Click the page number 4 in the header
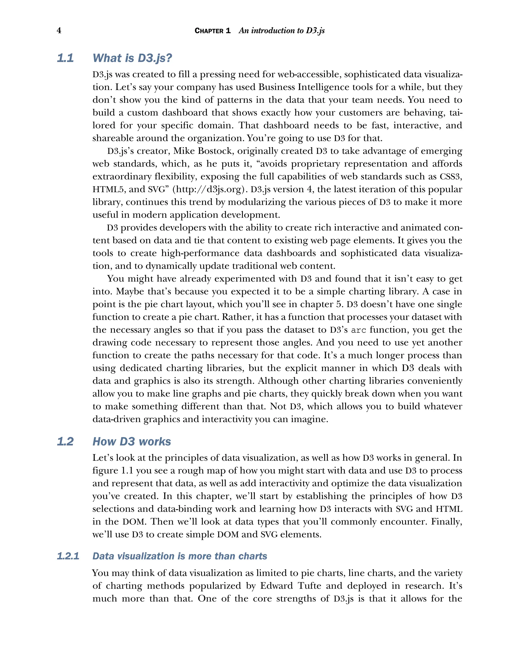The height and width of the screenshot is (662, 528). pyautogui.click(x=59, y=30)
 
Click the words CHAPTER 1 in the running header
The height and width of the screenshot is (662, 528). pyautogui.click(x=212, y=31)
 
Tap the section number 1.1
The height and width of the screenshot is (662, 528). pyautogui.click(x=65, y=58)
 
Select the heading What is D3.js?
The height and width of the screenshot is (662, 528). pyautogui.click(x=132, y=58)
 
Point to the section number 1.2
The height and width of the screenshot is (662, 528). pyautogui.click(x=65, y=441)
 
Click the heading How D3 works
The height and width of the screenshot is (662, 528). pyautogui.click(x=131, y=441)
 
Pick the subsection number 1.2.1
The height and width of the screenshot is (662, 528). pyautogui.click(x=68, y=556)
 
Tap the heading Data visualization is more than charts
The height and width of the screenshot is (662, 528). pyautogui.click(x=180, y=556)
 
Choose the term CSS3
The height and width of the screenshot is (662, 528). pyautogui.click(x=451, y=177)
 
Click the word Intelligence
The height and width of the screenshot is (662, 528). pyautogui.click(x=324, y=87)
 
